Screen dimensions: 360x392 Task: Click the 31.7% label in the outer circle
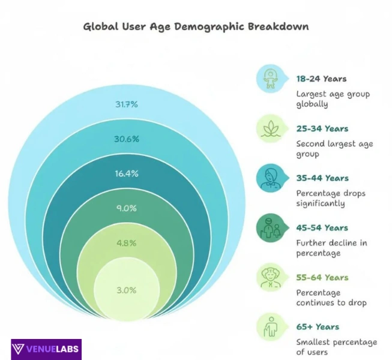[x=127, y=104]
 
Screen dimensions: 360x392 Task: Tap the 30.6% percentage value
[x=127, y=139]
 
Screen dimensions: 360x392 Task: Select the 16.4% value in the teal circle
[x=127, y=174]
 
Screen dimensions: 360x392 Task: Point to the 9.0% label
[x=127, y=209]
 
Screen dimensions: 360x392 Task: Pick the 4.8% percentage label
[x=127, y=244]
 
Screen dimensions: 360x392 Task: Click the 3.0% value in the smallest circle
[x=127, y=290]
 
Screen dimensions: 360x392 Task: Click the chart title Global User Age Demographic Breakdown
[x=196, y=27]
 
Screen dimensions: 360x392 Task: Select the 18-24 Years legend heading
[x=321, y=79]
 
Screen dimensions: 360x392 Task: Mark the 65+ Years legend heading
[x=318, y=328]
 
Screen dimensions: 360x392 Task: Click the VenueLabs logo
[x=46, y=349]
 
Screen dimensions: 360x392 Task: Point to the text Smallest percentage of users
[x=336, y=347]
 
